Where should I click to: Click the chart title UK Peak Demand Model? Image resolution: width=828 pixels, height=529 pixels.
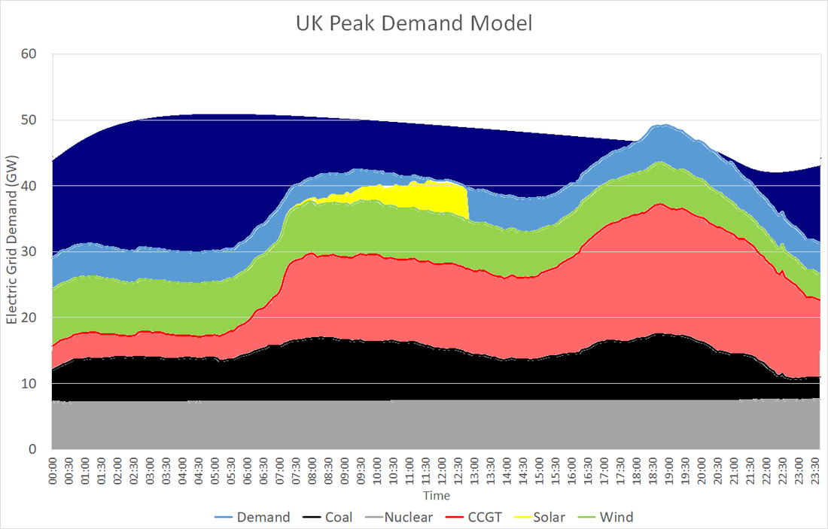413,23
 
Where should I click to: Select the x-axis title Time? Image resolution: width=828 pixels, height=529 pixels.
436,496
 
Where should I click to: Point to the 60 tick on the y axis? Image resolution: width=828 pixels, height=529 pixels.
35,54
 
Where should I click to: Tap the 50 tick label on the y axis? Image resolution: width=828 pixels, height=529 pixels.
35,120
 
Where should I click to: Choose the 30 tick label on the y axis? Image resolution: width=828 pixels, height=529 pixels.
35,252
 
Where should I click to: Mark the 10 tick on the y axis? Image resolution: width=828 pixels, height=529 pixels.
35,384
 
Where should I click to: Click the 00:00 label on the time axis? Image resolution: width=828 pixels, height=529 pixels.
53,470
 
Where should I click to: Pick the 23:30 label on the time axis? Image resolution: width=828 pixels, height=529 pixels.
815,470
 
